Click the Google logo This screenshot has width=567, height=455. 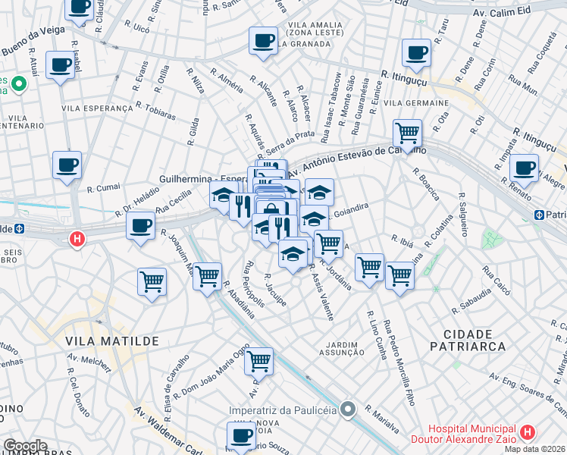tap(25, 446)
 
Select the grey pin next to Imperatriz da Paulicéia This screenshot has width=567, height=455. tap(348, 410)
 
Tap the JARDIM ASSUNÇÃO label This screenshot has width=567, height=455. tap(337, 347)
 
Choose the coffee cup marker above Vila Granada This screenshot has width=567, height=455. tap(263, 41)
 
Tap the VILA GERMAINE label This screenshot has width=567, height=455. tap(415, 102)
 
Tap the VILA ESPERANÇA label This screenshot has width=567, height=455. tap(97, 108)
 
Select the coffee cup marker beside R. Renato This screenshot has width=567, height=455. tap(524, 167)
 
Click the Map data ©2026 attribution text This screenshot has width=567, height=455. tap(535, 448)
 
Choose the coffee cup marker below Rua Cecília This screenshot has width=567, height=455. tap(140, 225)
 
